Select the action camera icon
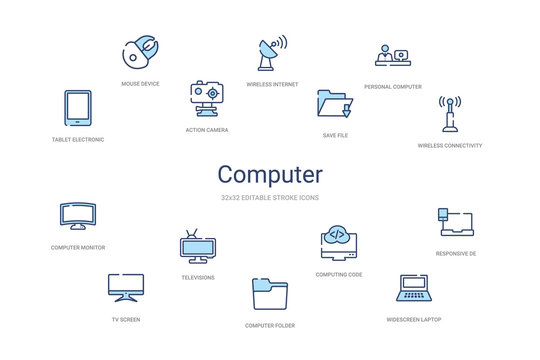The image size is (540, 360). [x=207, y=99]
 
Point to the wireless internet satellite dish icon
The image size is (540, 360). [x=269, y=52]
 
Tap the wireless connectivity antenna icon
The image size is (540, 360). [x=450, y=116]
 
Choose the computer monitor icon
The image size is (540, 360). [x=78, y=215]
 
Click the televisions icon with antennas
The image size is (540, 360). [x=197, y=246]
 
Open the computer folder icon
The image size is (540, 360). [x=269, y=297]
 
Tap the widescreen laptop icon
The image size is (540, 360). [x=413, y=290]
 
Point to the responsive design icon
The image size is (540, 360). [x=455, y=222]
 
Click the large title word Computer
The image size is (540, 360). [x=270, y=174]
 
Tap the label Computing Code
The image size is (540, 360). [x=338, y=274]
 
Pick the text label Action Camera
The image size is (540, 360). [x=207, y=130]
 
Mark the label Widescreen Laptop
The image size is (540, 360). [x=414, y=319]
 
